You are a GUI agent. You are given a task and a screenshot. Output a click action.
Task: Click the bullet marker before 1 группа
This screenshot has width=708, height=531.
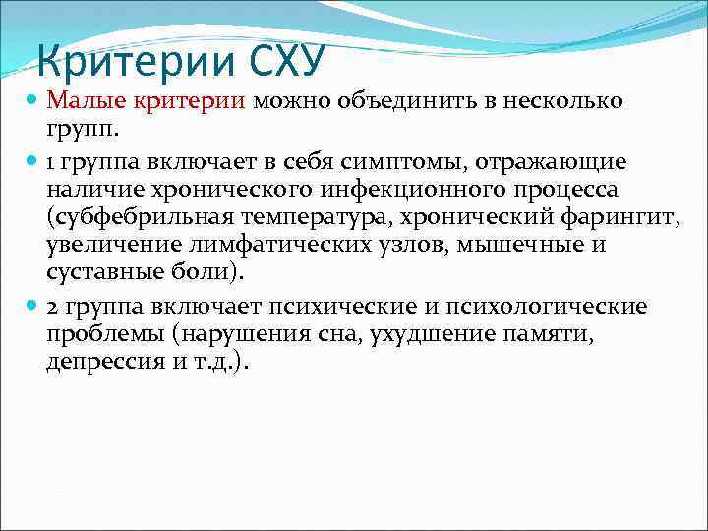click(x=33, y=160)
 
